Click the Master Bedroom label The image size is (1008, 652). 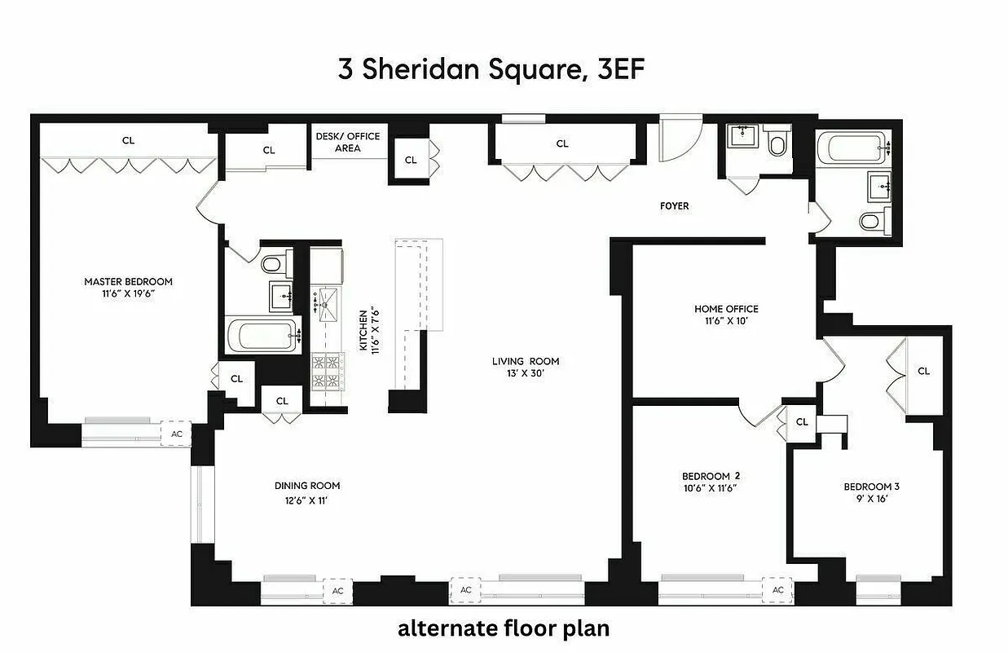pos(128,282)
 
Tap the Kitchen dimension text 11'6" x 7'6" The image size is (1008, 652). pos(376,329)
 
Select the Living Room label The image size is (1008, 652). pos(525,361)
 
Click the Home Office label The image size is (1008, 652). pos(725,309)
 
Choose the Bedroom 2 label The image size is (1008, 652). pos(710,476)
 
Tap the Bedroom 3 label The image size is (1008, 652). pos(871,487)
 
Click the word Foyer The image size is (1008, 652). pos(674,206)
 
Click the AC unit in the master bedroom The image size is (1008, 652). pos(176,434)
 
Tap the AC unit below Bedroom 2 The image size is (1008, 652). pos(777,590)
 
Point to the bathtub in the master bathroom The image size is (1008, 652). pos(260,335)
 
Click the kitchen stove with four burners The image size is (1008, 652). pos(328,371)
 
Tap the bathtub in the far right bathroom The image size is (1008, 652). pos(853,149)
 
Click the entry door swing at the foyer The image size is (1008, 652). pos(676,143)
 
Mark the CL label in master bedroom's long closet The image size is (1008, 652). pos(128,140)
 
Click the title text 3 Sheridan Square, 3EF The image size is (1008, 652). pos(491,69)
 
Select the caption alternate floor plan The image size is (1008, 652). pos(503,628)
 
